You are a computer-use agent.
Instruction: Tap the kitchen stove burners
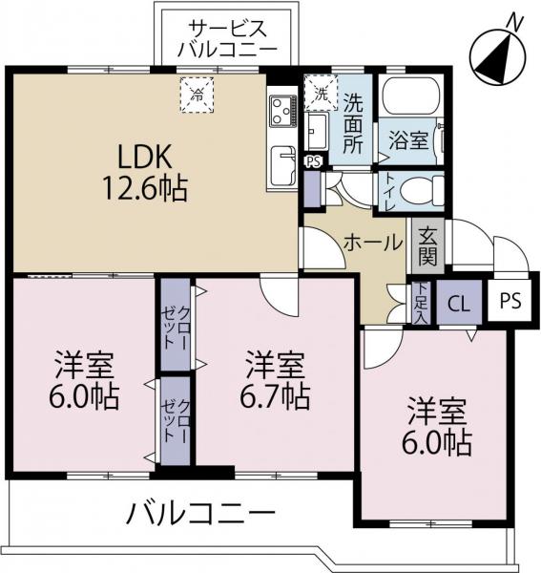[x=281, y=111]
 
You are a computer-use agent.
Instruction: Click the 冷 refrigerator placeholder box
[x=198, y=95]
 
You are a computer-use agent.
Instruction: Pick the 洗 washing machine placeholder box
[x=320, y=95]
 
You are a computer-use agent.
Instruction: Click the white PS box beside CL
[x=510, y=302]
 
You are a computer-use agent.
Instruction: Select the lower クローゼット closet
[x=176, y=420]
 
